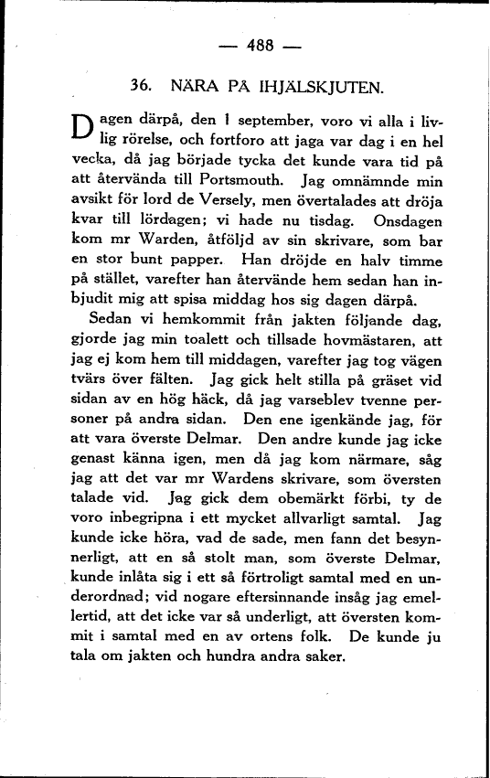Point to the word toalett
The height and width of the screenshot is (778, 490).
coord(207,339)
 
